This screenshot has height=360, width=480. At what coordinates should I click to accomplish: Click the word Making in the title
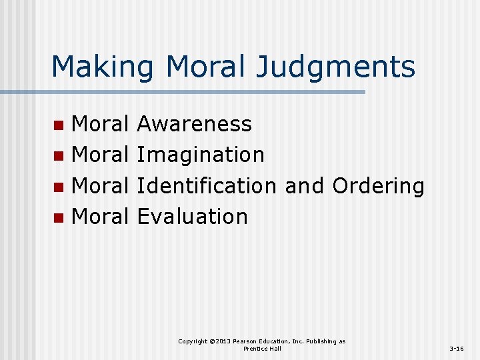(x=102, y=67)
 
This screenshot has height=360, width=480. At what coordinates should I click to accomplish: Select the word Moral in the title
(x=211, y=67)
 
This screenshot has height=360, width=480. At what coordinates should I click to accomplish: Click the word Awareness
(x=194, y=124)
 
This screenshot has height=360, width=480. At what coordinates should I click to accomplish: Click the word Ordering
(x=378, y=186)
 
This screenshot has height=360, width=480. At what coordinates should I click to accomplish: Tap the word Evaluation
(x=192, y=216)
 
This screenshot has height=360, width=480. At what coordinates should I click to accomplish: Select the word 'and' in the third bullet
(x=304, y=185)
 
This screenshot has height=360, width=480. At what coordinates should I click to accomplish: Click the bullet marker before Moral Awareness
(x=59, y=125)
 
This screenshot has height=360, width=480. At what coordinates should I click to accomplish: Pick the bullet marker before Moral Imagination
(x=59, y=155)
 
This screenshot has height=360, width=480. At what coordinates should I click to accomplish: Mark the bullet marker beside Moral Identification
(x=59, y=186)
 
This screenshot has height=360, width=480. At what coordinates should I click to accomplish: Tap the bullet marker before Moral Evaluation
(x=59, y=217)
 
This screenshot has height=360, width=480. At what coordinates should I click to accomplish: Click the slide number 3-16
(x=457, y=349)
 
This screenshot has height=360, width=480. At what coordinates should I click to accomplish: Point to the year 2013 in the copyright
(x=221, y=341)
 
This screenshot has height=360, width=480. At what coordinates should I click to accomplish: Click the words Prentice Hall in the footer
(x=262, y=349)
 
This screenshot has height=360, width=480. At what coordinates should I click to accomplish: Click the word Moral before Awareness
(x=100, y=124)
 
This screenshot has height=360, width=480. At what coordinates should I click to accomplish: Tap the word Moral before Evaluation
(x=100, y=216)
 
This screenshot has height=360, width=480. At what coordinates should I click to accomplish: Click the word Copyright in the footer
(x=193, y=341)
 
